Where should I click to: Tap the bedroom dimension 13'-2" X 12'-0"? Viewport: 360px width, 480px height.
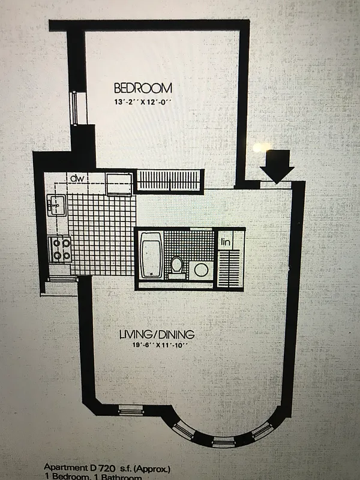point(144,102)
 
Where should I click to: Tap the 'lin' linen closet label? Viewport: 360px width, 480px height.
point(226,241)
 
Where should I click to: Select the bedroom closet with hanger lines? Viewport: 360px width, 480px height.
point(170,180)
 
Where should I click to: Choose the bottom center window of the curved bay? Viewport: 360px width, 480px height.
point(223,443)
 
